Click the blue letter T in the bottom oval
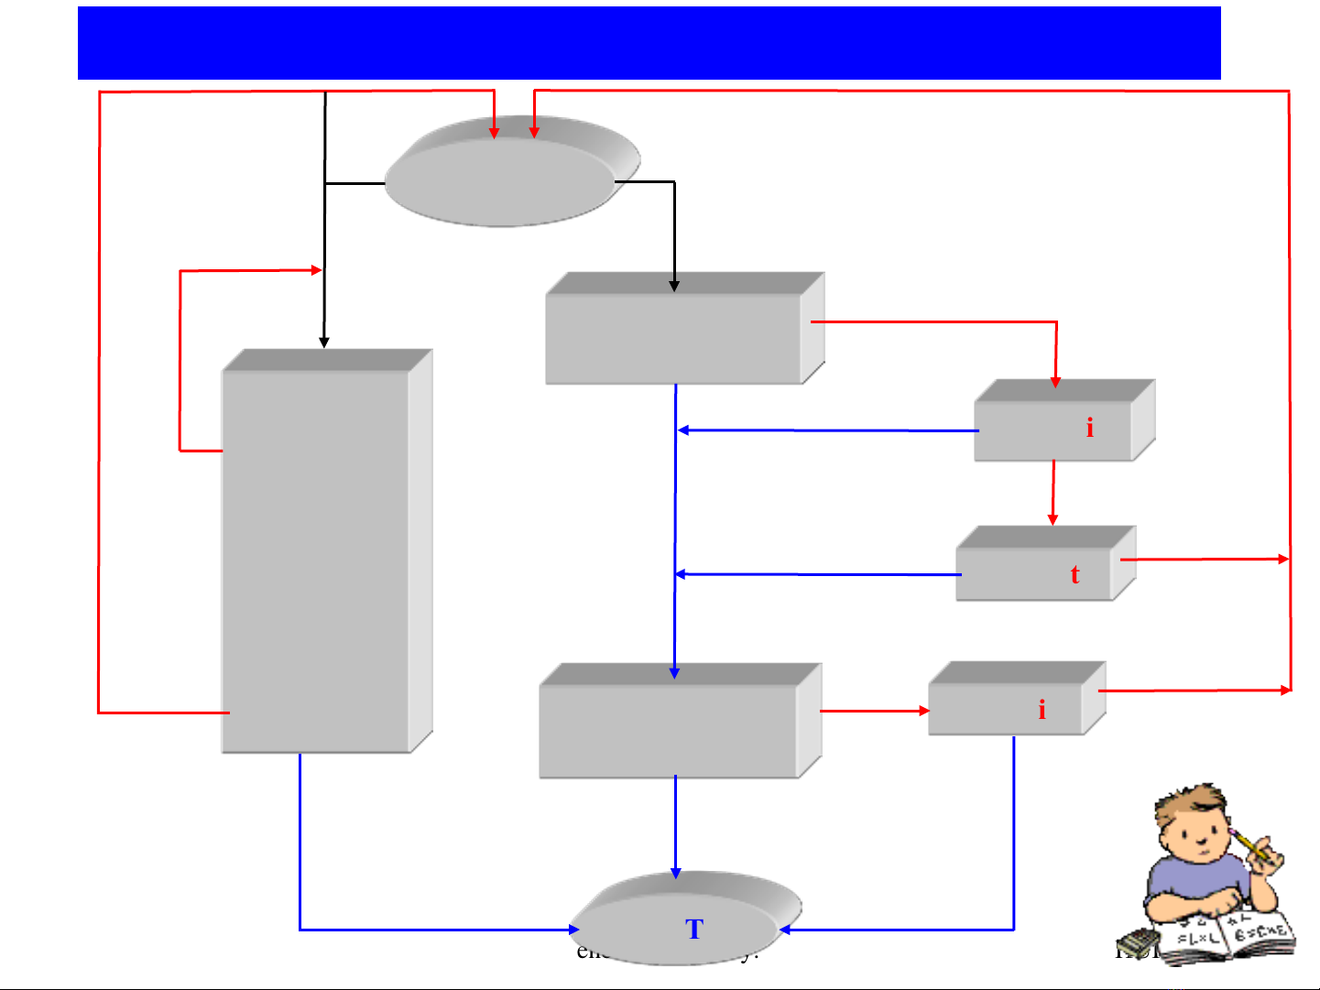pos(693,930)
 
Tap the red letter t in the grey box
pos(1075,574)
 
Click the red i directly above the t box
pos(1089,428)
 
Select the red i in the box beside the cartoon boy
pos(1042,710)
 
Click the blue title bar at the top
pos(649,43)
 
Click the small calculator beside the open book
pos(1137,941)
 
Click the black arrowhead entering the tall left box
pos(323,343)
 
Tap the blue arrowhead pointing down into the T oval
pos(675,873)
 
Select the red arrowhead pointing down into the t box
pos(1053,519)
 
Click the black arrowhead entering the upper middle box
pos(674,287)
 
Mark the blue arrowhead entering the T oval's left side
pos(573,930)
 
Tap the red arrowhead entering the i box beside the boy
pos(924,710)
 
